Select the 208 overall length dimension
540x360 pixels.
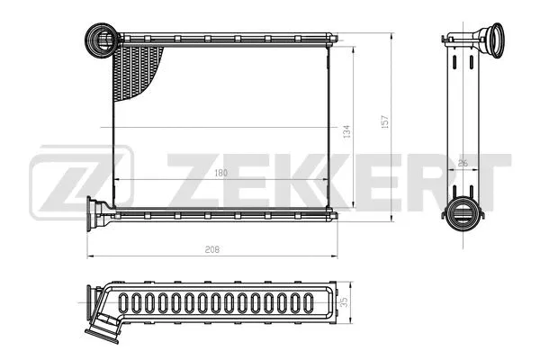click(x=212, y=247)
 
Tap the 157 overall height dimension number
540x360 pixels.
click(x=386, y=120)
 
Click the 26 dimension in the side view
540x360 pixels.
click(x=462, y=163)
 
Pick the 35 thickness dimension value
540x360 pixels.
click(x=346, y=303)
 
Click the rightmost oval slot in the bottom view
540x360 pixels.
click(x=305, y=303)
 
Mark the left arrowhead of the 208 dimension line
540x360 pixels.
click(x=90, y=256)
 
